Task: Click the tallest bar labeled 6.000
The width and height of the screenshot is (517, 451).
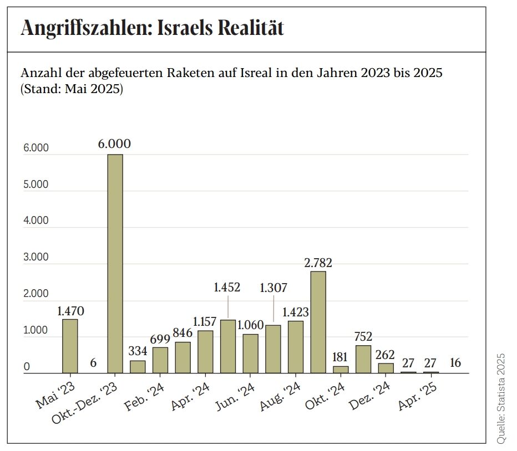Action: click(115, 263)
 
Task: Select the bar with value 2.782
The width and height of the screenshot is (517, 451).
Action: click(318, 322)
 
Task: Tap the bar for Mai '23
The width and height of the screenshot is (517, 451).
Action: click(70, 346)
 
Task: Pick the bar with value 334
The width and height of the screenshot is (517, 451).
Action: click(138, 367)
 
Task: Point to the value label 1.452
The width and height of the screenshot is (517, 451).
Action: click(227, 288)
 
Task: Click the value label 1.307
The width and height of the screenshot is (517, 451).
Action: click(273, 288)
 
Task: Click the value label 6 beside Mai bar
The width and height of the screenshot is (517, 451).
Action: click(93, 363)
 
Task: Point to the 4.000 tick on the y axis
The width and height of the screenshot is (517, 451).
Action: click(36, 221)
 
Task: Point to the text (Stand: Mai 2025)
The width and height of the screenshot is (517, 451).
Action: click(72, 89)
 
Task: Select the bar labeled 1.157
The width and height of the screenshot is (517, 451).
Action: click(205, 351)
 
